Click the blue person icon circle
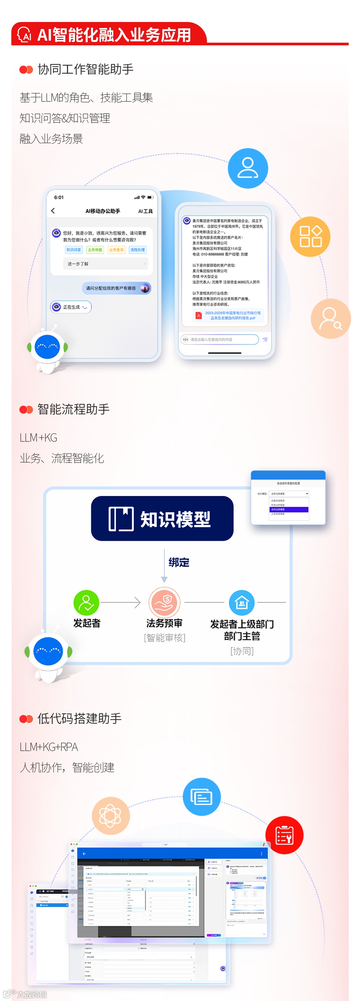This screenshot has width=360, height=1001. point(248,168)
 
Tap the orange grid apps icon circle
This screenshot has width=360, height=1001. point(310,236)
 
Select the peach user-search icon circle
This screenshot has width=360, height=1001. point(330,318)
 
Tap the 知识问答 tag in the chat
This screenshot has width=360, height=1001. point(73,250)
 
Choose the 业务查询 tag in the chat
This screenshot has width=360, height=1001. point(116,250)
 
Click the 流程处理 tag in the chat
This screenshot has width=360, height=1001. point(138,250)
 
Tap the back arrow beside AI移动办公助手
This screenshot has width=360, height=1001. point(53,211)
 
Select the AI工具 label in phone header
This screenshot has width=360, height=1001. point(145,211)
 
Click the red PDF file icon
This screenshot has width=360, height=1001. point(198,315)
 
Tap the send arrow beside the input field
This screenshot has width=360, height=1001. point(265,339)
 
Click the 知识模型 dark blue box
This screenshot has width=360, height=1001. point(162,518)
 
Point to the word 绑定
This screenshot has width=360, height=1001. point(179,562)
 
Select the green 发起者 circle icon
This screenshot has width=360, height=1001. point(86,603)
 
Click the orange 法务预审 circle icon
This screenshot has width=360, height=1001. point(164,602)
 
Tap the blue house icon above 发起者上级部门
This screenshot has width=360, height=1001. point(242,603)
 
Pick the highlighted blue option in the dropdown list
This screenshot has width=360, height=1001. point(289,509)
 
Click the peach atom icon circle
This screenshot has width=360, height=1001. point(110,815)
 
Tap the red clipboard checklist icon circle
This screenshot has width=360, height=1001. point(284,835)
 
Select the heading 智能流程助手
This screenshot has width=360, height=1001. point(73,409)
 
